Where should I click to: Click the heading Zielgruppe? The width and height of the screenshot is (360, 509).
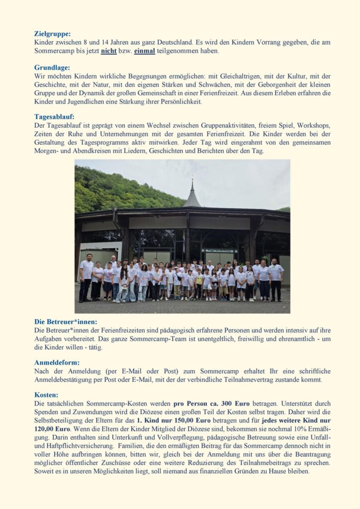[53, 34]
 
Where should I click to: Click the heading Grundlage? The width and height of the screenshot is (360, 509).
[52, 68]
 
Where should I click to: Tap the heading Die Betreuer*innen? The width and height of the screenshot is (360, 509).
[66, 322]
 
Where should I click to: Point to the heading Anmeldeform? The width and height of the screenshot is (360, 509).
[57, 362]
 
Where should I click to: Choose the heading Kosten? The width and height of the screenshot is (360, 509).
[46, 395]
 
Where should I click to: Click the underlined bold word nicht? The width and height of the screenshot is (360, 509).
[108, 51]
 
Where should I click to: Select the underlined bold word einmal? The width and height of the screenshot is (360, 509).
[144, 51]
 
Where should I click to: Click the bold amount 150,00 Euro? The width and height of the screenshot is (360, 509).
[190, 421]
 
